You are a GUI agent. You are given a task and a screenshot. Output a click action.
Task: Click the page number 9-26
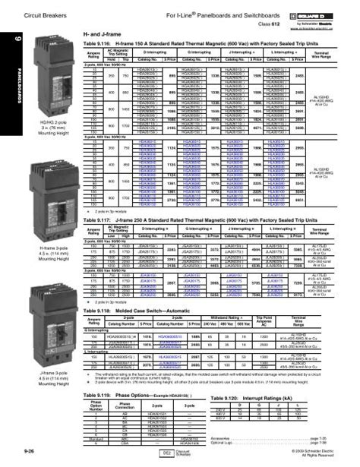[17, 454]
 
